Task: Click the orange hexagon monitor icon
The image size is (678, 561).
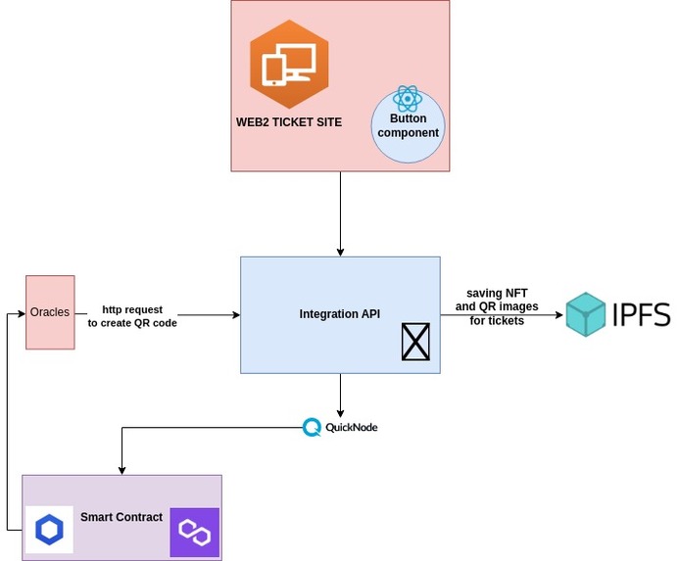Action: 289,63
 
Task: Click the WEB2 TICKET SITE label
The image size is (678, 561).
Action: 289,122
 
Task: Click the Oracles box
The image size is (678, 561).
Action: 50,312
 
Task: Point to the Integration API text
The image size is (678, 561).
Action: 340,314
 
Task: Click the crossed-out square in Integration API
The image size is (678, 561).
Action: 416,342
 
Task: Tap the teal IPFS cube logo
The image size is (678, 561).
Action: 586,314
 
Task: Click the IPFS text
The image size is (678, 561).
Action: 641,314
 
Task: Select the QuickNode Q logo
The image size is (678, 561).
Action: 312,427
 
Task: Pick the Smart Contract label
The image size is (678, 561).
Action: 121,517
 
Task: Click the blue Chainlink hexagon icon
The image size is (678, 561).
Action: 49,530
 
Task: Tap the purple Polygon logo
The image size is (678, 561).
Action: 194,533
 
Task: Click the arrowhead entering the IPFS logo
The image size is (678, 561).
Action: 560,314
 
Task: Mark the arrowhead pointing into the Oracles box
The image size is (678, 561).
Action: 21,314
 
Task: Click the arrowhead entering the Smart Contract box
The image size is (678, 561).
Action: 121,469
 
